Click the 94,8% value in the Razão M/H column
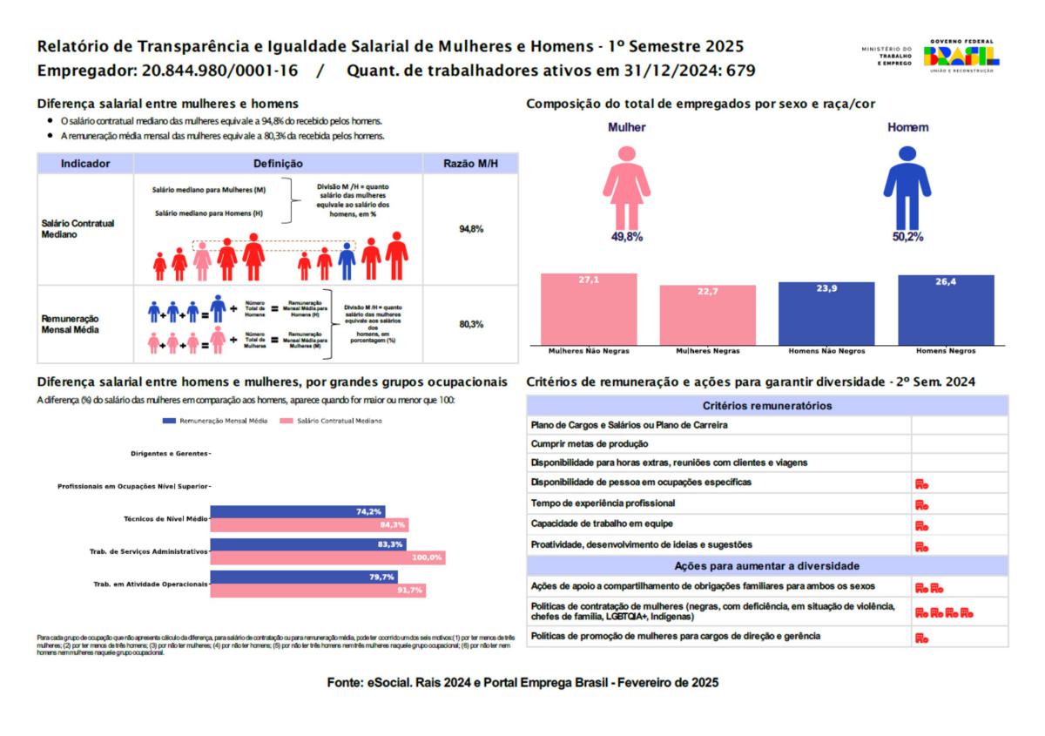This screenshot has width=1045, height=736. (x=470, y=229)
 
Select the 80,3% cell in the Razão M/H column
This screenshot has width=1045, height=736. (x=470, y=324)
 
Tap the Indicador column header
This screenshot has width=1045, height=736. (x=85, y=164)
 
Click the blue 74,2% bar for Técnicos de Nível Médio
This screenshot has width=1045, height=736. (x=298, y=512)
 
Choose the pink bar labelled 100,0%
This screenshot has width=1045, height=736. (x=328, y=557)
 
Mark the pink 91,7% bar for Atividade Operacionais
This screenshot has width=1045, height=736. (x=318, y=591)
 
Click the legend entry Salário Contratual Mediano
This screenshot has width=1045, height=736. (x=332, y=421)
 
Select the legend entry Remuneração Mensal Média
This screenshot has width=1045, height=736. (x=216, y=421)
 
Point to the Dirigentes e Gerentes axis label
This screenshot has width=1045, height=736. (x=169, y=454)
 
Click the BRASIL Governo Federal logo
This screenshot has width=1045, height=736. (x=961, y=56)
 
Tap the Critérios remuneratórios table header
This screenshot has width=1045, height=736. (x=766, y=406)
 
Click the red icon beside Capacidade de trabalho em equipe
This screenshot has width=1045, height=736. (x=921, y=525)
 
